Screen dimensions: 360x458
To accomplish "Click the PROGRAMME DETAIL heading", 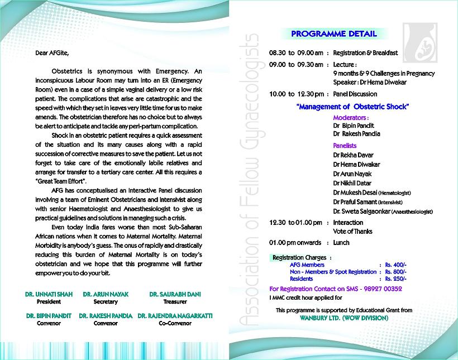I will (x=334, y=34).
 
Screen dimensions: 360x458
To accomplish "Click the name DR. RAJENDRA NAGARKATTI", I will (x=175, y=315).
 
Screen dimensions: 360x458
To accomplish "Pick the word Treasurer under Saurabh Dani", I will (x=175, y=301).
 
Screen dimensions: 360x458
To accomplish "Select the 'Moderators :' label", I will (x=351, y=118).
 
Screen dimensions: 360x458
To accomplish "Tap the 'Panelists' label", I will (x=345, y=145).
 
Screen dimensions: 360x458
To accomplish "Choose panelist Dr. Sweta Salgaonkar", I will (x=362, y=212).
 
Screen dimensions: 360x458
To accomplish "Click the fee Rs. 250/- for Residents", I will (x=395, y=278).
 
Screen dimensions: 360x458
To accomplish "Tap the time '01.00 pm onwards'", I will (x=295, y=243).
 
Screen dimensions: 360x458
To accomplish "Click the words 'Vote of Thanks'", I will (x=352, y=231).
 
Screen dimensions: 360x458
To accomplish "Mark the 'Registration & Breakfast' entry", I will (x=365, y=53).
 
